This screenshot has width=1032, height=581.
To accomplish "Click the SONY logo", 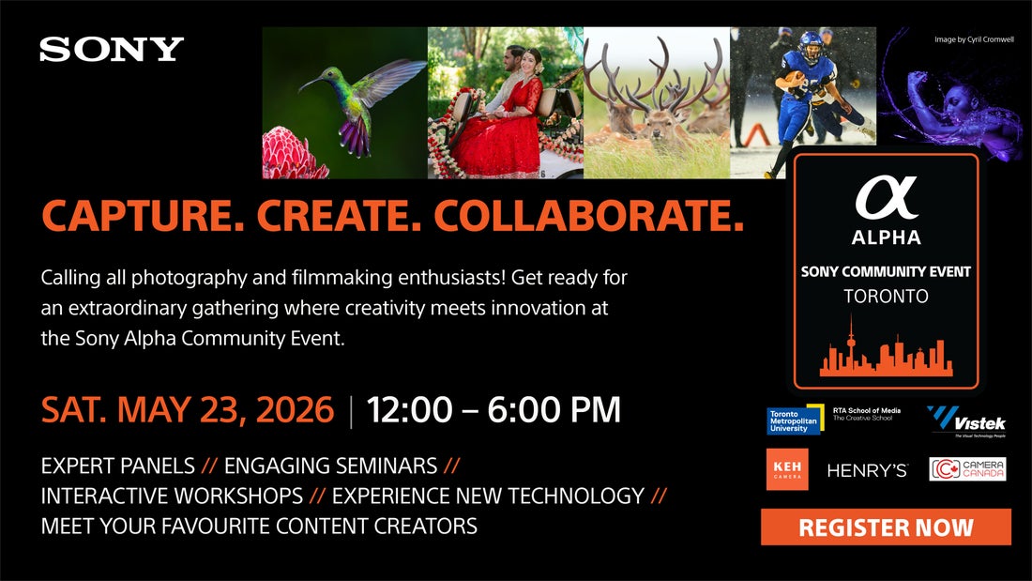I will click(112, 50).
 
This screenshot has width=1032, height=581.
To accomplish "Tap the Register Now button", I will click(886, 527).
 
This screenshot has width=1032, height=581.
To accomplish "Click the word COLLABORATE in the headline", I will click(588, 217).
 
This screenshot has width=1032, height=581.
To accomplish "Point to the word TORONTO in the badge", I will click(886, 297).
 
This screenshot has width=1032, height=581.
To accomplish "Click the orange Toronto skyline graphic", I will click(886, 355).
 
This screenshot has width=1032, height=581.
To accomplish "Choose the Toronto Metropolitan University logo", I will click(795, 420).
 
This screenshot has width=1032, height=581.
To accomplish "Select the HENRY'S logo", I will click(867, 470).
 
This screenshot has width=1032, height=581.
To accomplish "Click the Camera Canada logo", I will click(967, 469).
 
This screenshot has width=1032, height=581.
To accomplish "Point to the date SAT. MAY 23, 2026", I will click(188, 410).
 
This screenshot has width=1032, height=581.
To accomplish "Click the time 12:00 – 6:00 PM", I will click(493, 410).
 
